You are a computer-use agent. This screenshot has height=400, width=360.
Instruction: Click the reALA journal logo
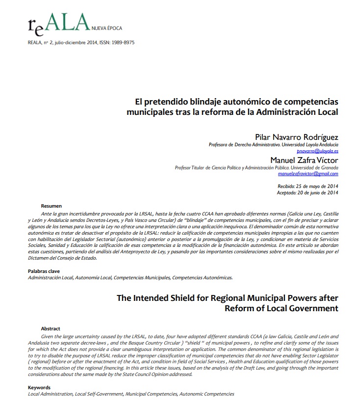pyautogui.click(x=59, y=23)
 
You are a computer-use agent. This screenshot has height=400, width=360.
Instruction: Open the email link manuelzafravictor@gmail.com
pyautogui.click(x=308, y=174)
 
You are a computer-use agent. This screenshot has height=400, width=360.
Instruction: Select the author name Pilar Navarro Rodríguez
pyautogui.click(x=297, y=137)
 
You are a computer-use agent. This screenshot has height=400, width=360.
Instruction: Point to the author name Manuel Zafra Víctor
pyautogui.click(x=304, y=160)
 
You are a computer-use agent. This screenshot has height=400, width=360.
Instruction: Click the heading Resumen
pyautogui.click(x=51, y=206)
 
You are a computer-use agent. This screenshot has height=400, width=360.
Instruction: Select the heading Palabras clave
pyautogui.click(x=45, y=271)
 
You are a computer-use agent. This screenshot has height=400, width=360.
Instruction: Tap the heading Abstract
pyautogui.click(x=51, y=329)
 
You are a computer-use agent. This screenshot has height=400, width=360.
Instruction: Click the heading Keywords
pyautogui.click(x=40, y=387)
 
